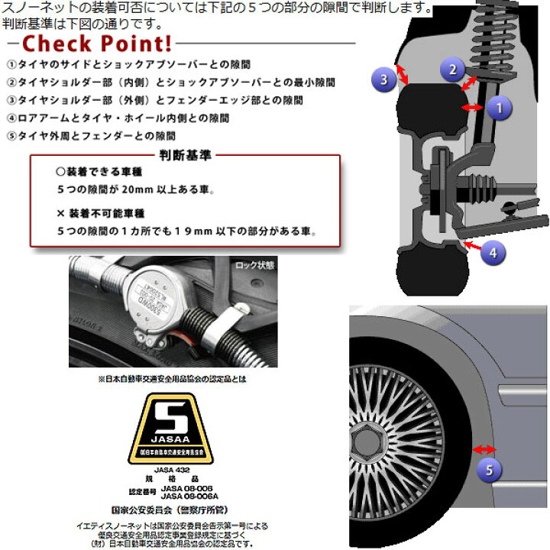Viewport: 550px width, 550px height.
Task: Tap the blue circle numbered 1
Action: click(x=498, y=108)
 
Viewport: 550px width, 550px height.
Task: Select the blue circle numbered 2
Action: click(x=452, y=71)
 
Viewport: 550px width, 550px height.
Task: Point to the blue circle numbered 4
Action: click(x=493, y=251)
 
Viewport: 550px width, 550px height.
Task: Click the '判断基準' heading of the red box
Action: click(x=185, y=155)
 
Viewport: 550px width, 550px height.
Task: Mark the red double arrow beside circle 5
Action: click(x=485, y=449)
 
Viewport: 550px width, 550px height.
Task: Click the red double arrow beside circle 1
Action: click(x=473, y=108)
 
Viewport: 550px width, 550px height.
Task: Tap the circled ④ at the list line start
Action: click(x=11, y=118)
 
